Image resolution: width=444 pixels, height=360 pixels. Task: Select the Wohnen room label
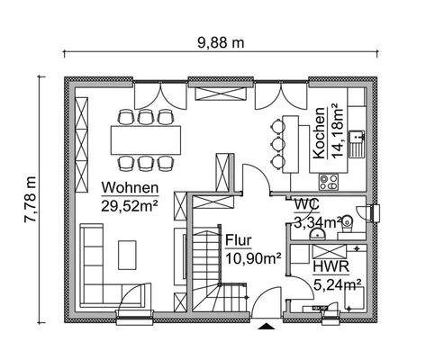tap(130, 188)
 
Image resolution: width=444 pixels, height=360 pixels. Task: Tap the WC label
tap(305, 203)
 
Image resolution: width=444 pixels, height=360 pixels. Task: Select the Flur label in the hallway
tap(238, 240)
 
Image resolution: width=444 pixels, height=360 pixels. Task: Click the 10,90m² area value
tap(252, 257)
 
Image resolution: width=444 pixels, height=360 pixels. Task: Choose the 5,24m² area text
tap(338, 285)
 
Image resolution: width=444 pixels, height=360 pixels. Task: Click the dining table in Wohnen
tap(144, 139)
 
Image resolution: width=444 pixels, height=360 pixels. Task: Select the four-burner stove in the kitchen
tap(329, 180)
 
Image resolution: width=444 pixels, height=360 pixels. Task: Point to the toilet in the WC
tap(365, 212)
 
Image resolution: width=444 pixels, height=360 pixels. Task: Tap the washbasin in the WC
tap(317, 233)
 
